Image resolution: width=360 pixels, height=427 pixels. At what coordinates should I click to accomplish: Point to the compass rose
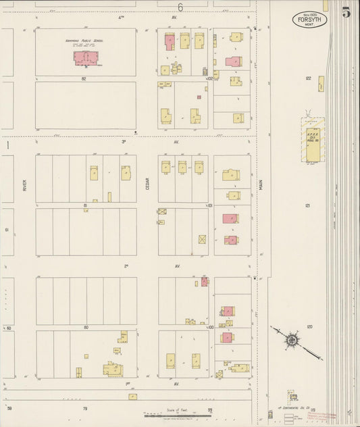click(291, 340)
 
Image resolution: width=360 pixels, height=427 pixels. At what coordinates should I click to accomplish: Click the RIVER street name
click(24, 184)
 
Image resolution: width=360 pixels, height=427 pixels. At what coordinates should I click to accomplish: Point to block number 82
click(85, 79)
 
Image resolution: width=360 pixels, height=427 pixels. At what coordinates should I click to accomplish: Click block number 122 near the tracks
click(308, 78)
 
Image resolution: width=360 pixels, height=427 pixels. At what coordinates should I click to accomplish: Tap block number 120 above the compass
click(308, 326)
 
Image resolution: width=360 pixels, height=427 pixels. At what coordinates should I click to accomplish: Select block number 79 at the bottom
click(85, 409)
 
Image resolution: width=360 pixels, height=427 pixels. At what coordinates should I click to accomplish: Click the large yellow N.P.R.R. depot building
click(313, 140)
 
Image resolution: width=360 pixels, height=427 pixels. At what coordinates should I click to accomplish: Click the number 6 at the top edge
click(180, 7)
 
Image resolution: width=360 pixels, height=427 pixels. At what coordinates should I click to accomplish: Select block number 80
click(86, 327)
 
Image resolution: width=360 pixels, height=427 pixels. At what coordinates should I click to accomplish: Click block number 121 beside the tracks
click(308, 205)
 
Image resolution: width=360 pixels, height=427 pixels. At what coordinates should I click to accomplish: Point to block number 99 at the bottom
click(210, 409)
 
